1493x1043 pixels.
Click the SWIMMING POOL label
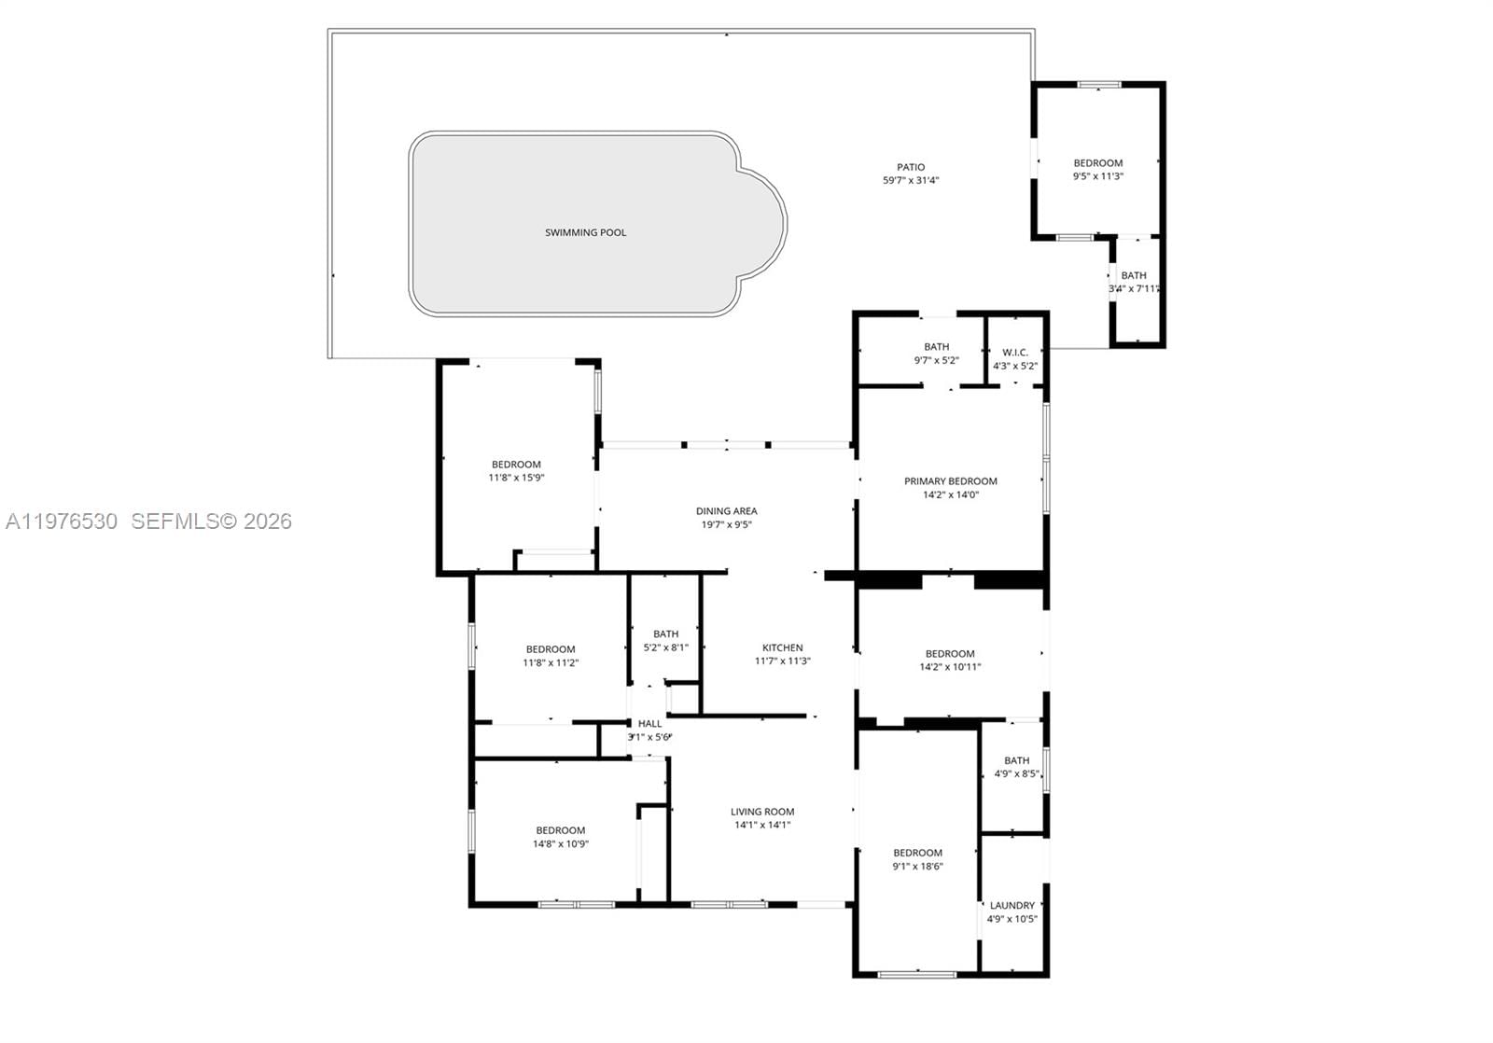click(x=585, y=232)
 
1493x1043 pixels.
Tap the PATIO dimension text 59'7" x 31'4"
click(x=910, y=181)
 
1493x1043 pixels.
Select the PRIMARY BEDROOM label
click(x=950, y=481)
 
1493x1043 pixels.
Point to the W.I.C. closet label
click(x=1014, y=352)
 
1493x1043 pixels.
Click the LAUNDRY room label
click(x=1012, y=905)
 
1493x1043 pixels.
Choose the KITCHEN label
click(x=782, y=647)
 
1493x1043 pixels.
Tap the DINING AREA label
click(x=726, y=511)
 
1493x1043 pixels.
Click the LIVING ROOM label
click(x=762, y=812)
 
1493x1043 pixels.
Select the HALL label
click(x=649, y=724)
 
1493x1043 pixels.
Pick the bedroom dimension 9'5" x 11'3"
click(x=1097, y=176)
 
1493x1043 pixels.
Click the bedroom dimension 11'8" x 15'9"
click(x=516, y=478)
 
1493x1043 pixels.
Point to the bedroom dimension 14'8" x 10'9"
click(x=560, y=844)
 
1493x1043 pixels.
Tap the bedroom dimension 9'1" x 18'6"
click(x=917, y=866)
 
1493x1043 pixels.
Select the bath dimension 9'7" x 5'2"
click(x=936, y=360)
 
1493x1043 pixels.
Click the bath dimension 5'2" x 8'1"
click(x=665, y=647)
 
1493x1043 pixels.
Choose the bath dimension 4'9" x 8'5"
click(x=1016, y=773)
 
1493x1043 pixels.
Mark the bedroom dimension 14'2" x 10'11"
click(x=950, y=667)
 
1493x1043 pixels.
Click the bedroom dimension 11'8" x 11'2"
click(x=551, y=663)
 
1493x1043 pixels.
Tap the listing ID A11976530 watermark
click(x=62, y=521)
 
